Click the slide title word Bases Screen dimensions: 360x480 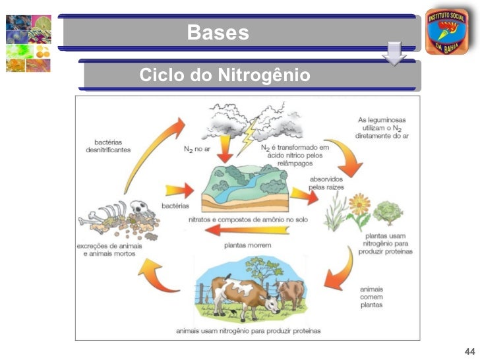coord(218,32)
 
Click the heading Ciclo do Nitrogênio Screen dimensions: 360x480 coord(224,76)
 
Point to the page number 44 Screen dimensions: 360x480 coord(469,349)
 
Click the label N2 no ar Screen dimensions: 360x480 coord(197,149)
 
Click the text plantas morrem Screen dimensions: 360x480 coord(247,245)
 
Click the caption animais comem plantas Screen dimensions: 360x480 coord(371,297)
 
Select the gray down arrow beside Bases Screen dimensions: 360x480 coord(394,53)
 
